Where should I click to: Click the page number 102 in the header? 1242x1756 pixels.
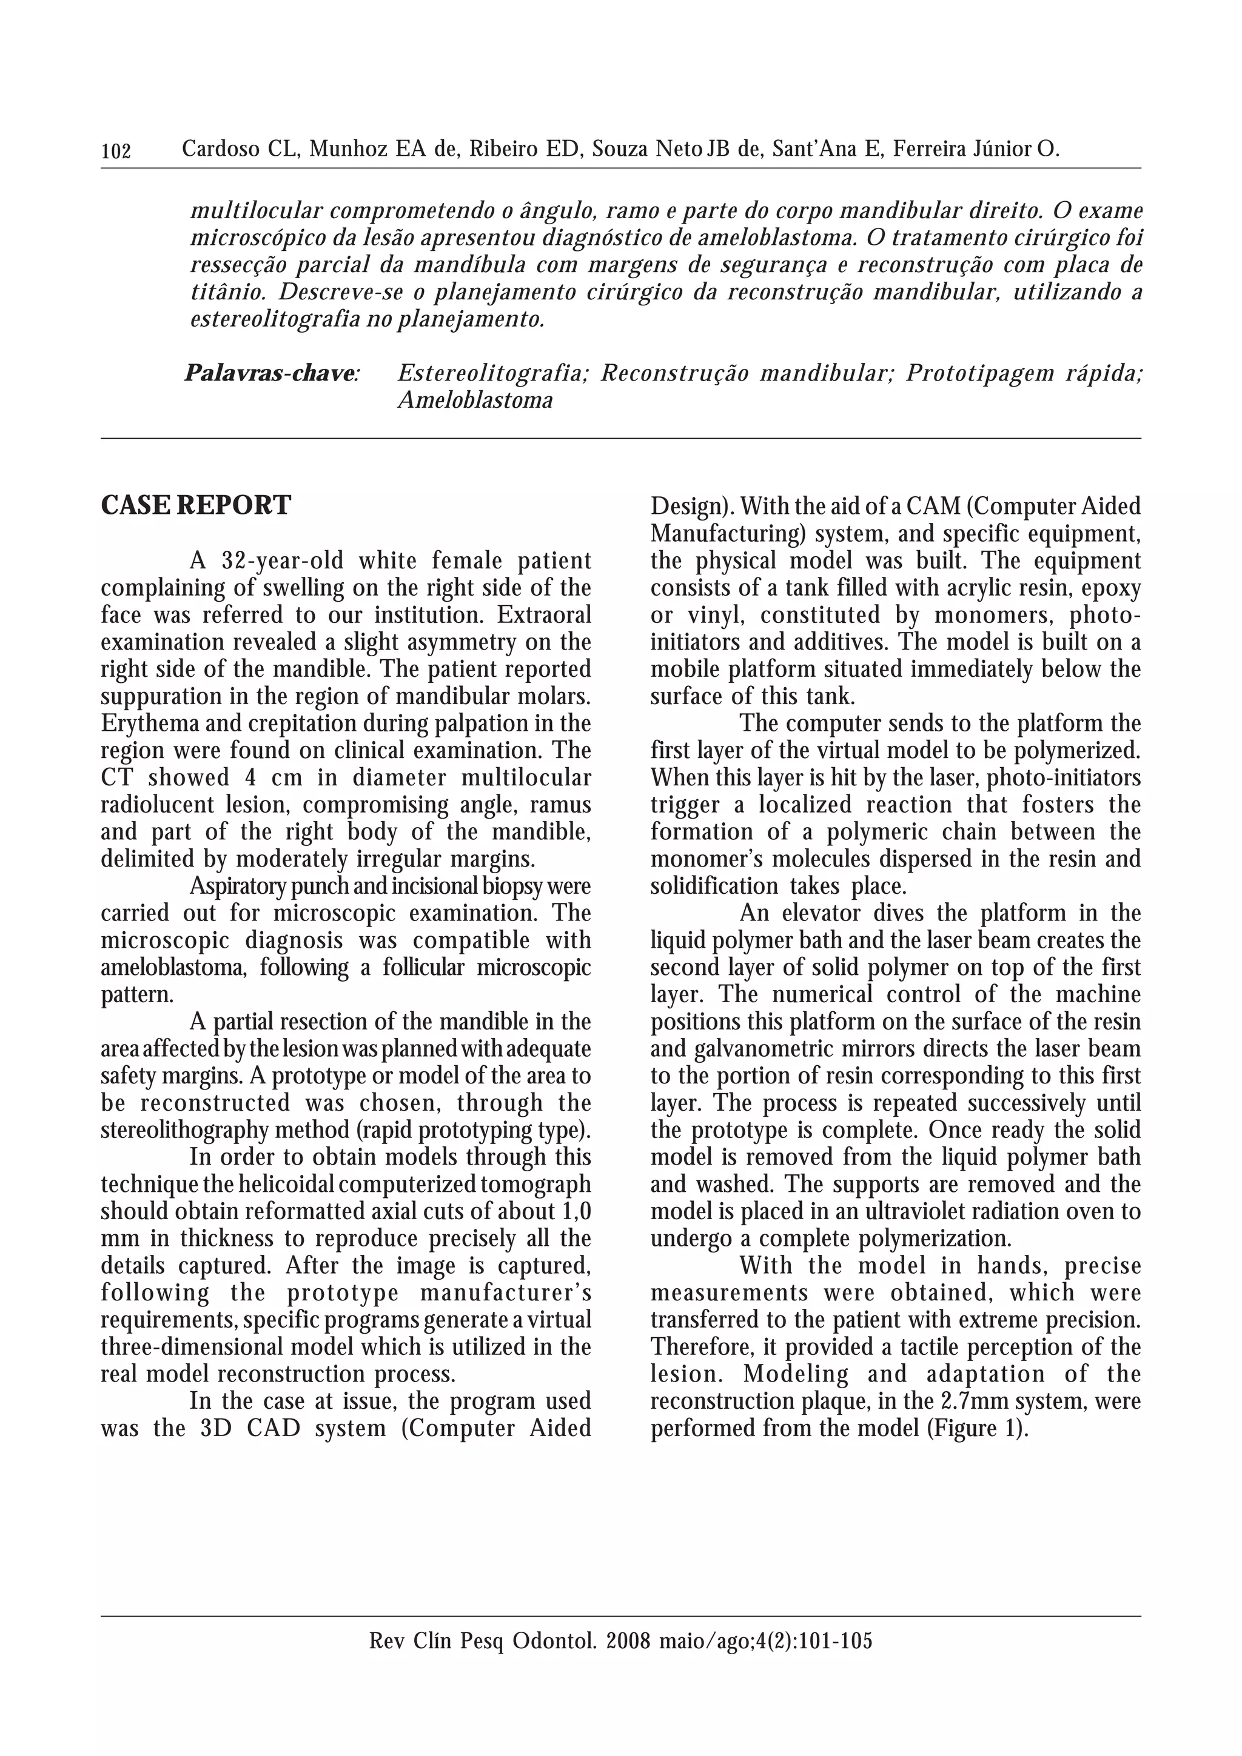(116, 151)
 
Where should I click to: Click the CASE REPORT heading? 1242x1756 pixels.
(196, 505)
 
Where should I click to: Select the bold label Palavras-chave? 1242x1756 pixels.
(271, 374)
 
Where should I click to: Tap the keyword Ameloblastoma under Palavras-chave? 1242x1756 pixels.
(475, 401)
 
